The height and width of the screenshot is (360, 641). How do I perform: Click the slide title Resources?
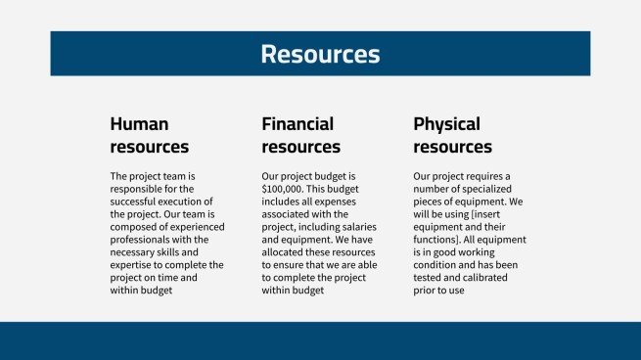click(320, 54)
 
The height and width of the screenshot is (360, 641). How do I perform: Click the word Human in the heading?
click(139, 124)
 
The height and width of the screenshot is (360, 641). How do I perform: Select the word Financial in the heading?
click(298, 124)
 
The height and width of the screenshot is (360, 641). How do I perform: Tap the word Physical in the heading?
click(446, 124)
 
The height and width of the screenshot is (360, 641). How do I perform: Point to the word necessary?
click(137, 252)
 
